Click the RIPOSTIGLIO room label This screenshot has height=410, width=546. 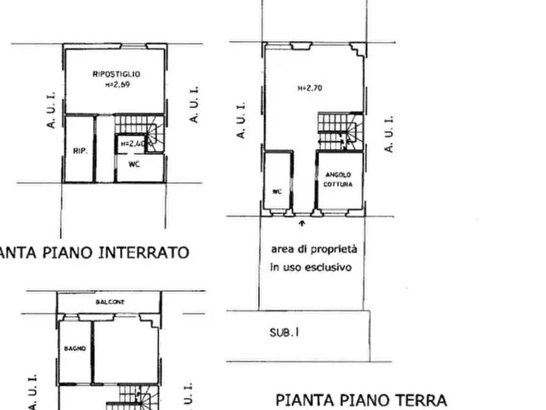point(111,74)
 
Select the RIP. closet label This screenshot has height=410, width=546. point(80,149)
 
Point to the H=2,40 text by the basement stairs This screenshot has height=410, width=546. point(132,143)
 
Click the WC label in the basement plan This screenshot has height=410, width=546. point(135,164)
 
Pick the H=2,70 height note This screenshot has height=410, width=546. point(309,88)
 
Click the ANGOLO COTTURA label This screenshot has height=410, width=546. point(338,179)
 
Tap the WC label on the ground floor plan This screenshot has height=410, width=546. point(277,191)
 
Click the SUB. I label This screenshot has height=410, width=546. point(284,334)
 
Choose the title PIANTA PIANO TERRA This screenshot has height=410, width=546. point(361,400)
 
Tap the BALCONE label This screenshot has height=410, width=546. point(110,302)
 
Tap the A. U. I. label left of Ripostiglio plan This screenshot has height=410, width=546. point(51,110)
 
